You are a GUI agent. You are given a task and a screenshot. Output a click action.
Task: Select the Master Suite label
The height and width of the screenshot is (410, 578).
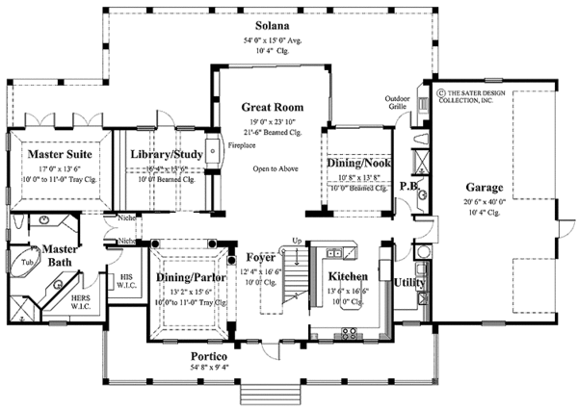59,153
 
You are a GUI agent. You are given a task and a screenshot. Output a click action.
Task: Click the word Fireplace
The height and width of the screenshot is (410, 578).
241,146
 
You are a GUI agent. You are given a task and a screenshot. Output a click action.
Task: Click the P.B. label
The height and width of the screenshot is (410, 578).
407,185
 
